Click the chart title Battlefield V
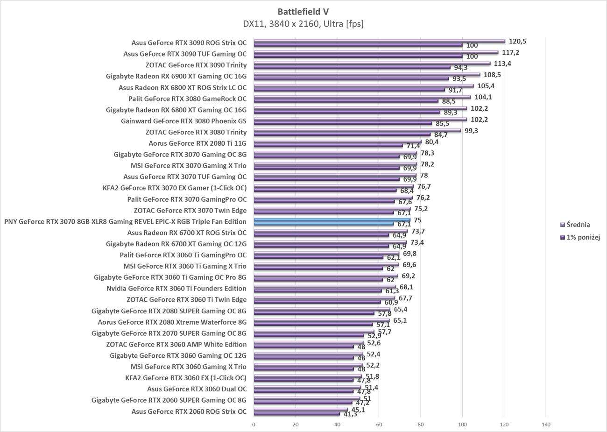tap(303, 12)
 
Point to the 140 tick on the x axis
tap(545, 425)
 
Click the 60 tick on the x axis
tap(379, 425)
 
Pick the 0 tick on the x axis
tap(254, 425)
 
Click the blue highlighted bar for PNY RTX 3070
tap(332, 220)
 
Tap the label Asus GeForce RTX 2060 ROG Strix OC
tap(189, 411)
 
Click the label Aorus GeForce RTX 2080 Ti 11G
tap(197, 143)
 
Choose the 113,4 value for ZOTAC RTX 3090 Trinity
tap(502, 64)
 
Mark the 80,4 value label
tap(431, 142)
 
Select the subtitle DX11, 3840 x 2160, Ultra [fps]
tap(303, 24)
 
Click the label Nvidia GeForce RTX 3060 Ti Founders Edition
tap(176, 289)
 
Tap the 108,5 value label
tap(491, 75)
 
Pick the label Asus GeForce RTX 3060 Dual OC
tap(197, 389)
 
